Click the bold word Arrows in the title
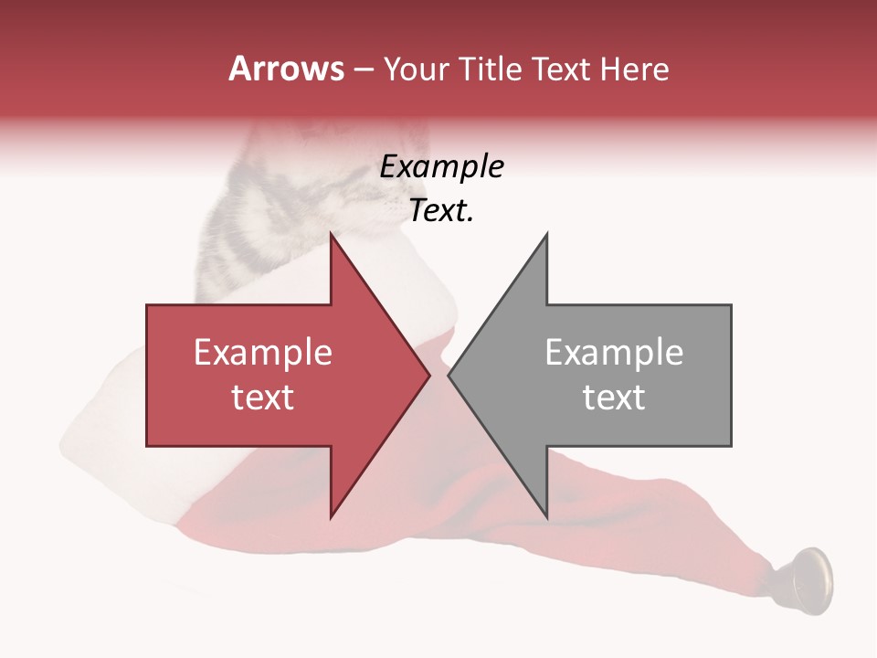coord(286,69)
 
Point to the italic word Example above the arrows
coord(441,167)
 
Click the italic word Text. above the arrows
coord(441,211)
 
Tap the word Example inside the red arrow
coord(263,353)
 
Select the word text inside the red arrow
coord(263,398)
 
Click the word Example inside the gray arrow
coord(614,353)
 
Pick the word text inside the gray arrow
coord(614,398)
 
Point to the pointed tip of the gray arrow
coord(449,376)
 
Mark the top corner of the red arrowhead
coord(332,236)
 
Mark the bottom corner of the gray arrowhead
coord(546,517)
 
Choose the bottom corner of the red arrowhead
coord(332,517)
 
